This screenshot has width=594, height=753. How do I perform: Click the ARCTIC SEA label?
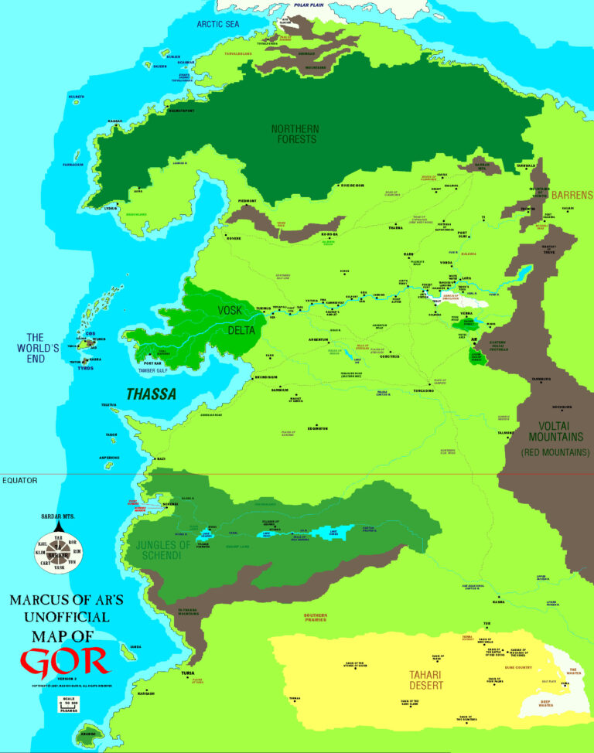coord(218,24)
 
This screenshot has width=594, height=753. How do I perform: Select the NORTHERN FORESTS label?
coord(294,134)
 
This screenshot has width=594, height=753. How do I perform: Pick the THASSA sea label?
coord(152,394)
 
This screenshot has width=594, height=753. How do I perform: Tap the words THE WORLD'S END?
coord(43,348)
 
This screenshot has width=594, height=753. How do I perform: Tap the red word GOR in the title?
coord(64,661)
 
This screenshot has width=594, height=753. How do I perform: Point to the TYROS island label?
coord(86,368)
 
